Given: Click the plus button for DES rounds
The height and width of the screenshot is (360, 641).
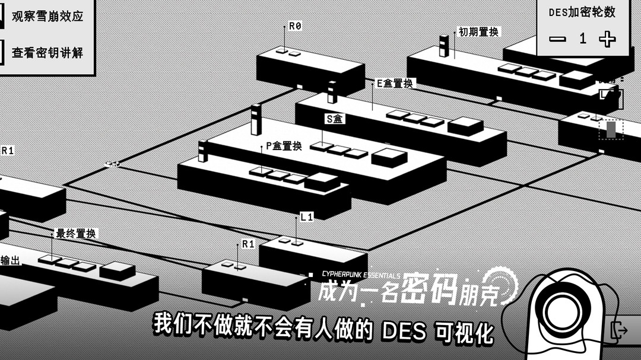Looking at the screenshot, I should tap(607, 39).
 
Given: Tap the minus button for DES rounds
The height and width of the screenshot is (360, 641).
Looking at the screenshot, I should tap(557, 39).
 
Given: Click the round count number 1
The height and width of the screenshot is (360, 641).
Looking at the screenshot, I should tap(583, 39).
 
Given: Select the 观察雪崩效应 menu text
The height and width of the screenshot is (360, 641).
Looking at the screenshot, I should tap(47, 16).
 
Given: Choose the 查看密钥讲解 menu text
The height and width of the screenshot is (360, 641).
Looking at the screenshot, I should tap(47, 53).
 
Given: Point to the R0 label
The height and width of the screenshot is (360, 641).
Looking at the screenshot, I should tap(295, 26).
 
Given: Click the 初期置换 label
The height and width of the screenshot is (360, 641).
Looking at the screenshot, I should tap(478, 32).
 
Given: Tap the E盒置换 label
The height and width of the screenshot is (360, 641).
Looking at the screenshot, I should tap(395, 84).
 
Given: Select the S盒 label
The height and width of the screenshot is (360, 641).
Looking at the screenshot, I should tap(335, 119).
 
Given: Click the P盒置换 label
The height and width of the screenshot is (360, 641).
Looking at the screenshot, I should tap(284, 146).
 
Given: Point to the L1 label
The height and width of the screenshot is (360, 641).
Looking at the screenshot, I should tap(306, 217).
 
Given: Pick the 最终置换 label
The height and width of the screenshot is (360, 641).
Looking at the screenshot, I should tap(75, 234).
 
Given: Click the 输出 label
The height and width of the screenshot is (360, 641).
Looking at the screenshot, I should tap(10, 260).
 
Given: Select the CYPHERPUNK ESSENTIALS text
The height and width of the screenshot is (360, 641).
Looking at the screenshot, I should tap(360, 275).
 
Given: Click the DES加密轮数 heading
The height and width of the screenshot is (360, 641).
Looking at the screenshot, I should tap(582, 12).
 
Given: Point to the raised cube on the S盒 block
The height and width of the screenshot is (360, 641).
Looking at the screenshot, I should tap(389, 157).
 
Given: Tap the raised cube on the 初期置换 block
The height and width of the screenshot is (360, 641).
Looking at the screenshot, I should tap(576, 78).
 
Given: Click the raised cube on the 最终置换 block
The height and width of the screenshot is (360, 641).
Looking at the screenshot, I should tap(118, 270).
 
